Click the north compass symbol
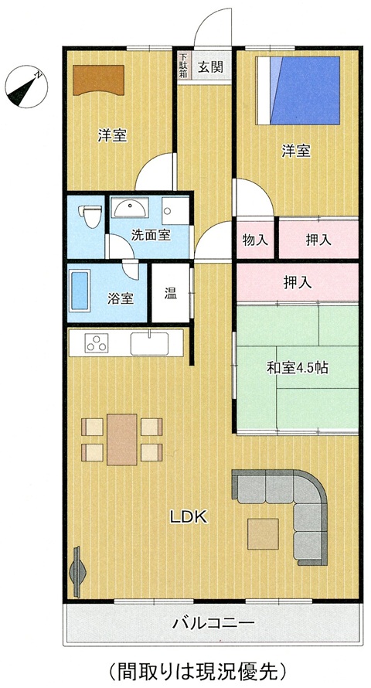click(26, 87)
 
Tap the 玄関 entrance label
click(210, 66)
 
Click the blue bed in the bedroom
click(298, 90)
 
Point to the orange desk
click(99, 80)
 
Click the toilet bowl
click(90, 216)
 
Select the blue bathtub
click(80, 291)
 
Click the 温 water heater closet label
click(171, 293)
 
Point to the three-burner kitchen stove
click(97, 342)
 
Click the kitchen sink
click(149, 343)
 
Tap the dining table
click(122, 439)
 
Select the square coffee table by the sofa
click(263, 533)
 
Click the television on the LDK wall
click(77, 572)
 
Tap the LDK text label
click(189, 517)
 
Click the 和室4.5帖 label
click(297, 368)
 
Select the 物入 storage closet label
click(255, 240)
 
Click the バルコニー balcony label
click(213, 622)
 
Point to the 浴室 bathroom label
click(121, 298)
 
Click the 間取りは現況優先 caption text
click(197, 670)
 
